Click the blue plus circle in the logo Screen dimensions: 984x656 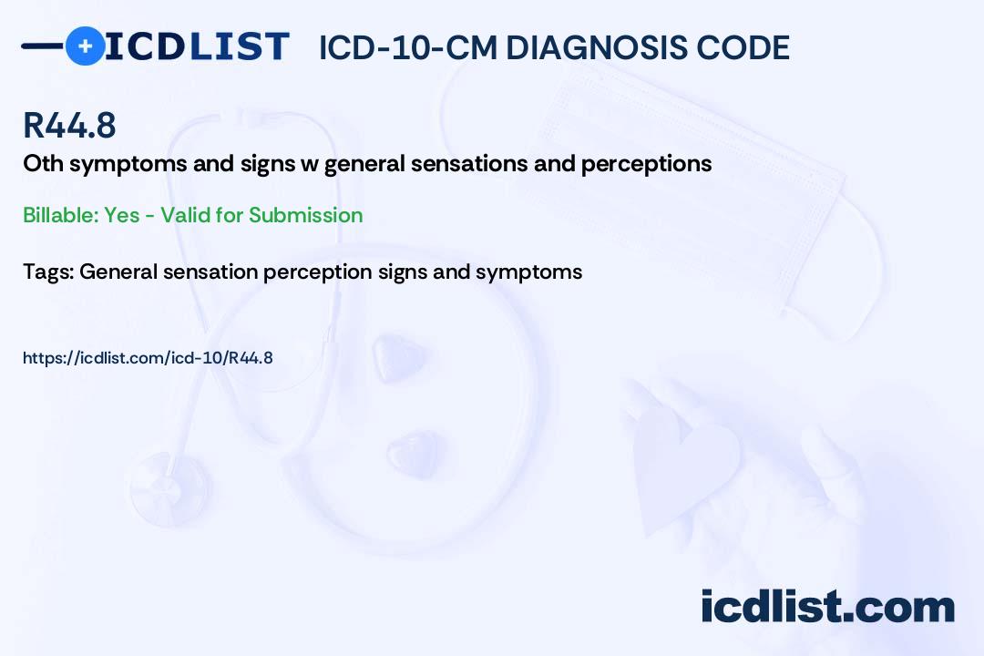(85, 46)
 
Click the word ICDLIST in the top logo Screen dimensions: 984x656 (197, 46)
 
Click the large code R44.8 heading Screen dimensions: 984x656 (69, 125)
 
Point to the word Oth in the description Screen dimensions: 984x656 (44, 163)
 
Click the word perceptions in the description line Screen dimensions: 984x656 (646, 165)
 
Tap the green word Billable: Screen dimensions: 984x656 (60, 215)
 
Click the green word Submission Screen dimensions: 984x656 (305, 215)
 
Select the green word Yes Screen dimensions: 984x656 (122, 215)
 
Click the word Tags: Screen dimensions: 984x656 (49, 272)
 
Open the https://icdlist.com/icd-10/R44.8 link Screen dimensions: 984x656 (149, 358)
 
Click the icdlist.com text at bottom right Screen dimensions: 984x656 (827, 606)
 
